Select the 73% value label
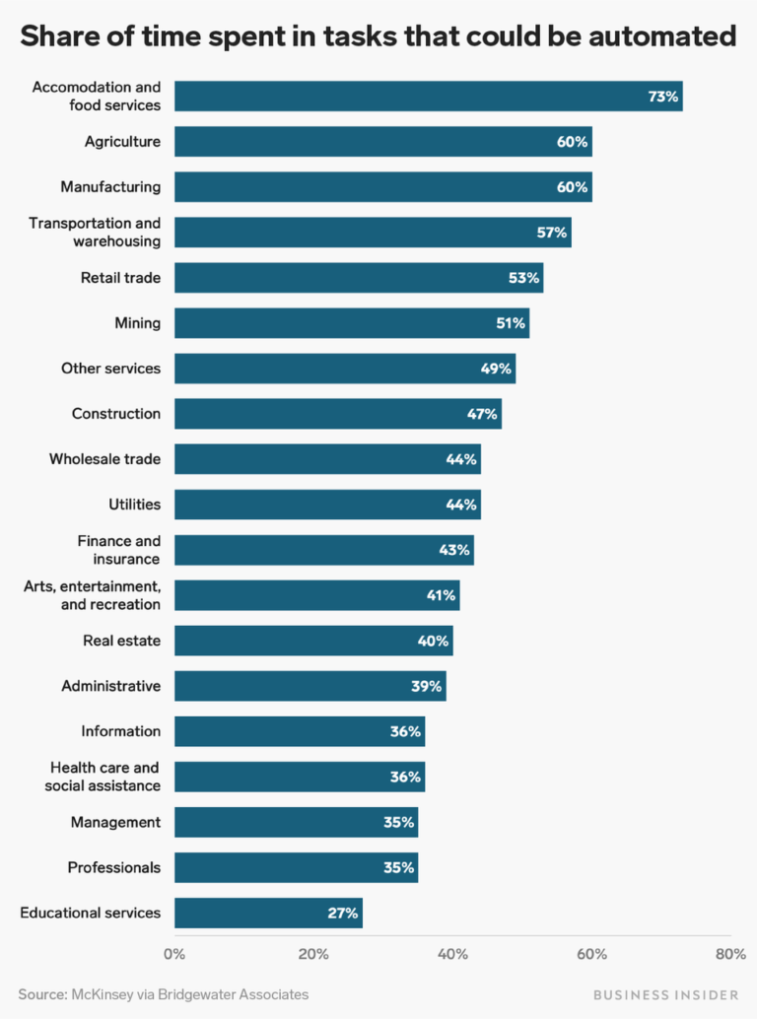663,97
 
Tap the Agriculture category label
122,142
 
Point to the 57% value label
552,233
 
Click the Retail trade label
120,278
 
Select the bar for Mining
351,323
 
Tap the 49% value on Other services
497,369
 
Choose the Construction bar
337,414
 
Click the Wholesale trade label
104,459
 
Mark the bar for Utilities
327,505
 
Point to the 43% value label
454,550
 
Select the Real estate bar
313,641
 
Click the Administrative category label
110,686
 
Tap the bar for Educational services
268,913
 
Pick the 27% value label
343,913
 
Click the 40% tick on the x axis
452,954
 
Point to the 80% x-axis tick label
730,954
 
